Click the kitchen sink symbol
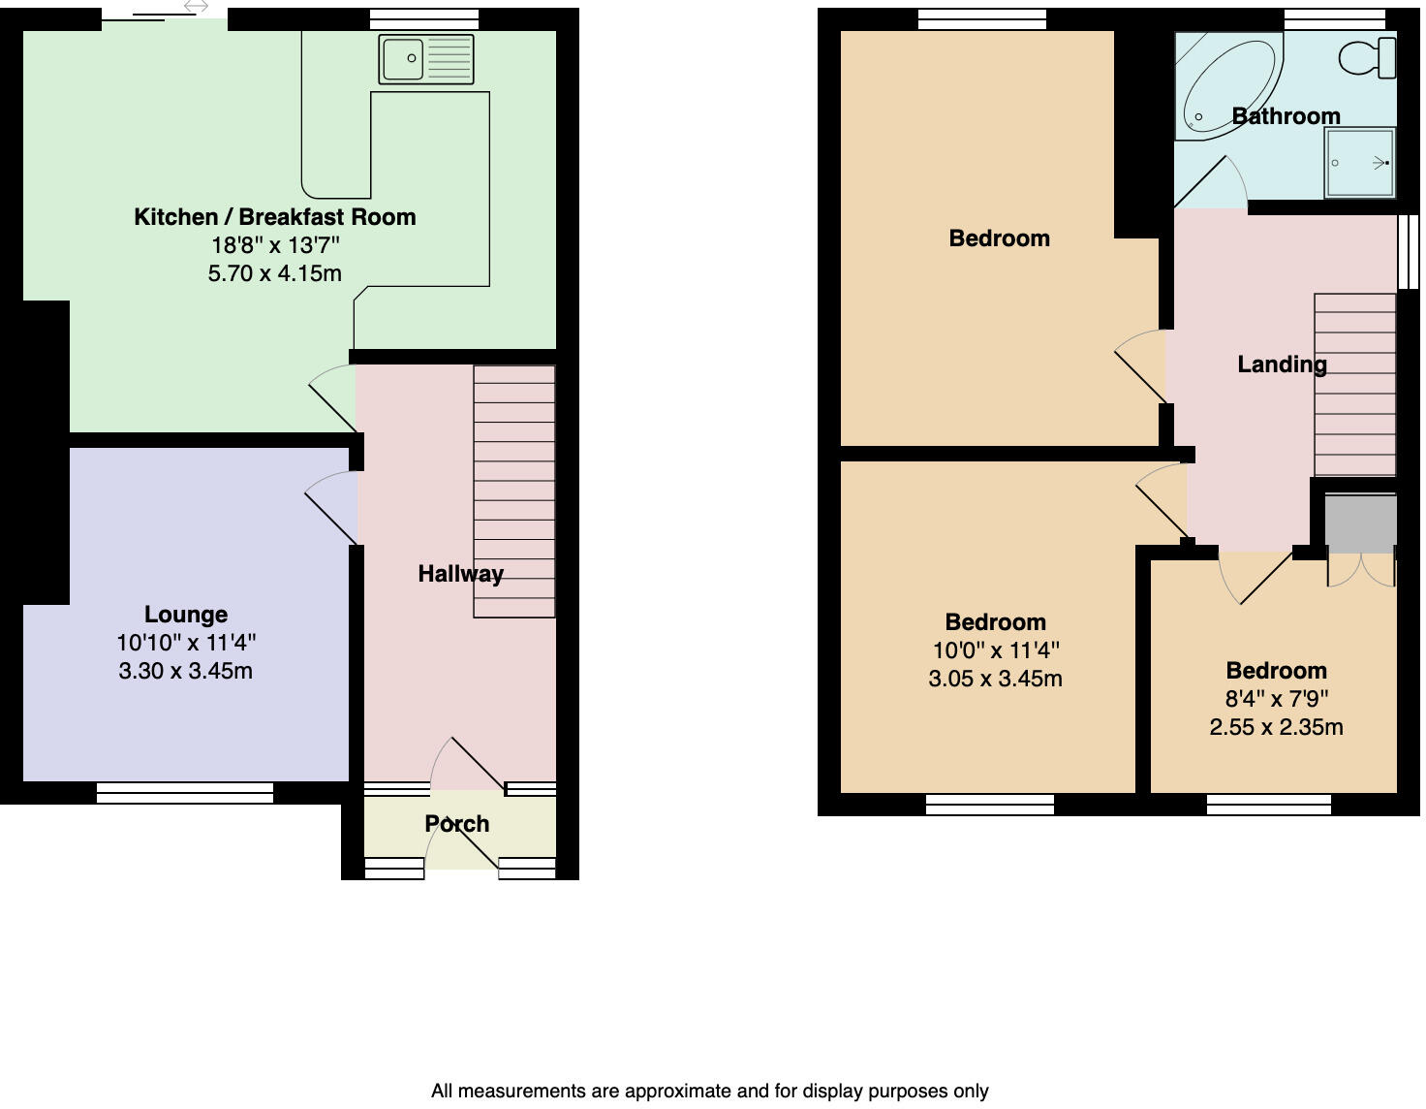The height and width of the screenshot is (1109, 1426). tap(426, 59)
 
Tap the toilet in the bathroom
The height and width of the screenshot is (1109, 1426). tap(1370, 57)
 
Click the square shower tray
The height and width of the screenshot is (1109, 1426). tap(1360, 163)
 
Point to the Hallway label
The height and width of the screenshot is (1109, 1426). tap(460, 574)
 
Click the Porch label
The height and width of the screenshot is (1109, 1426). tap(456, 824)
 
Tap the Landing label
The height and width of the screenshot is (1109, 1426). tap(1282, 364)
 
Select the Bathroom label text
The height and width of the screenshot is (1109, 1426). tap(1286, 116)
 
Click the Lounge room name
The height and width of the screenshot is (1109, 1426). tap(185, 615)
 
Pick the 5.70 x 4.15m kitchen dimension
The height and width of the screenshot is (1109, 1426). tap(274, 273)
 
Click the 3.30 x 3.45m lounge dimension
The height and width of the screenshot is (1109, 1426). tap(185, 671)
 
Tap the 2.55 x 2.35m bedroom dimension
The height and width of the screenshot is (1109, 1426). tap(1276, 727)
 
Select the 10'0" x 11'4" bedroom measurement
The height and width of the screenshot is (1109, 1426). tap(995, 650)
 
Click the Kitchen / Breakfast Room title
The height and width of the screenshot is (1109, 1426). tap(274, 217)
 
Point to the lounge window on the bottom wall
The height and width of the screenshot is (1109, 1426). tap(185, 793)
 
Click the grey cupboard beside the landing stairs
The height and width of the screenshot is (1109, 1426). tap(1360, 523)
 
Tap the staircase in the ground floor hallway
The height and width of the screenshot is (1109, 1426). tap(513, 491)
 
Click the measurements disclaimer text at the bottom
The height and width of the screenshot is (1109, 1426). tap(709, 1092)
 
